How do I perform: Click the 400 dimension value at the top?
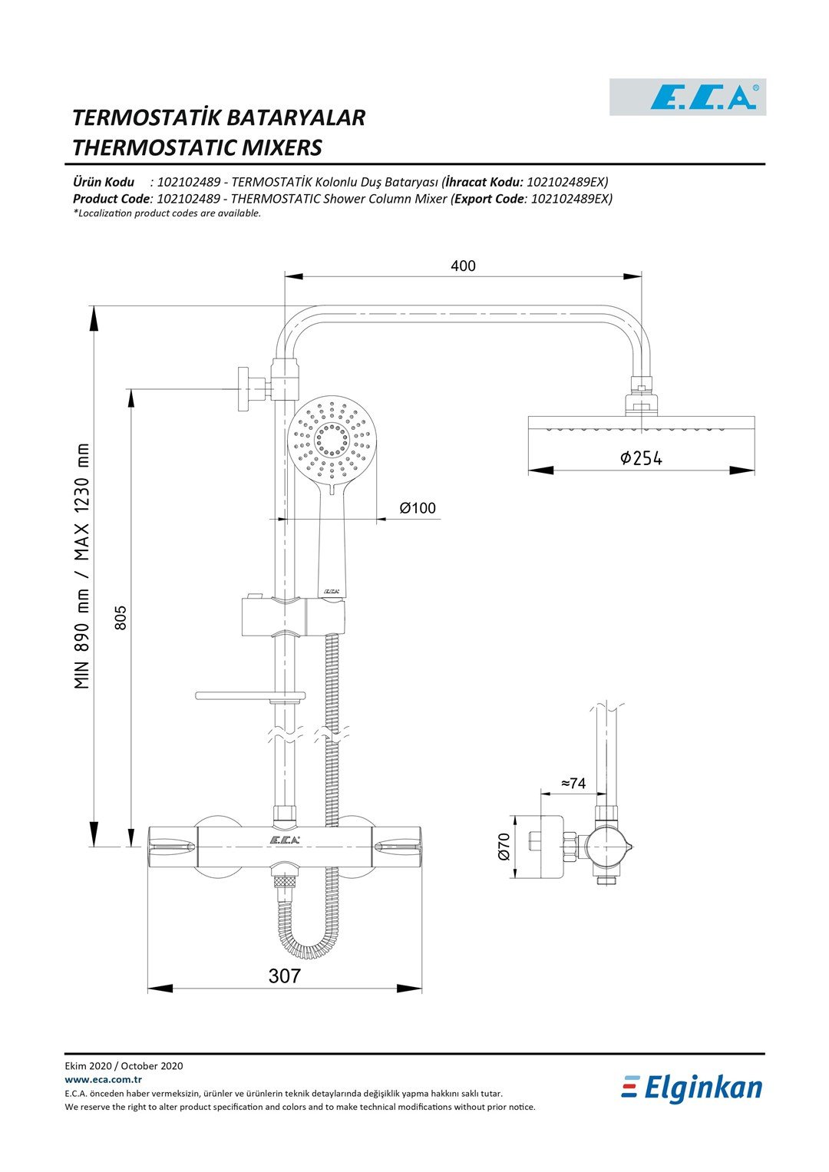tap(463, 266)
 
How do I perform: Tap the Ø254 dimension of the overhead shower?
tap(641, 458)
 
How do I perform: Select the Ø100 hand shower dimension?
tap(417, 508)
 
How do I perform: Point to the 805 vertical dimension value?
tap(121, 617)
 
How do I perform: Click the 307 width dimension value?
tap(285, 976)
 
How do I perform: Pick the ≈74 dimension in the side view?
tap(573, 783)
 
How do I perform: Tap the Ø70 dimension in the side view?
tap(504, 847)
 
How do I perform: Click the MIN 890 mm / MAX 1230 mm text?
tap(81, 566)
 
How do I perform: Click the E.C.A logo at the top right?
tap(688, 97)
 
